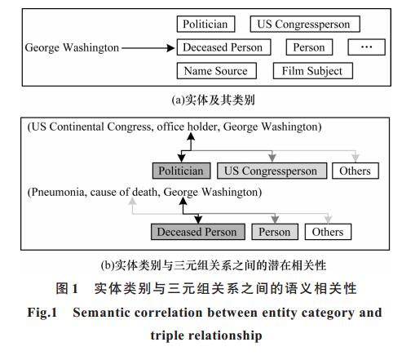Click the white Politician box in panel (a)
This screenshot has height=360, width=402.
205,24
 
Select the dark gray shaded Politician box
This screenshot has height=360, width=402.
181,171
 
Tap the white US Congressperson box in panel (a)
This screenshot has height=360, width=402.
305,24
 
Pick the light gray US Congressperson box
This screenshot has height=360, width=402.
272,171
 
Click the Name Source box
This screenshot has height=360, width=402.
217,71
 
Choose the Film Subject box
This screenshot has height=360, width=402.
313,71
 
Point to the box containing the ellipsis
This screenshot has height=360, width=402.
366,47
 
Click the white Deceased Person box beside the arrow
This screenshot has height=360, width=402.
223,47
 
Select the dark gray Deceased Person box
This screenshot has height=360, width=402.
198,232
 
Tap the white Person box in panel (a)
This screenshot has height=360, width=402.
309,47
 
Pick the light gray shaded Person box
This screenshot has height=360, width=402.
275,232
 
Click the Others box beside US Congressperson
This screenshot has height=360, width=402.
356,171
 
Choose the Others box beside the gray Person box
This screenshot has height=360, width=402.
328,232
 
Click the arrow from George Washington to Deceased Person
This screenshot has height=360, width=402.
148,48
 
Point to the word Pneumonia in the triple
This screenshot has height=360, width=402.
59,192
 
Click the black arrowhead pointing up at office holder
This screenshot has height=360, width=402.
191,136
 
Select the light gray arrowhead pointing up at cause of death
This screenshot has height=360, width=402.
132,201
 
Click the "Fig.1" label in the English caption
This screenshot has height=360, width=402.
42,313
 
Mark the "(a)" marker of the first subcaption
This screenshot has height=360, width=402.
179,100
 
